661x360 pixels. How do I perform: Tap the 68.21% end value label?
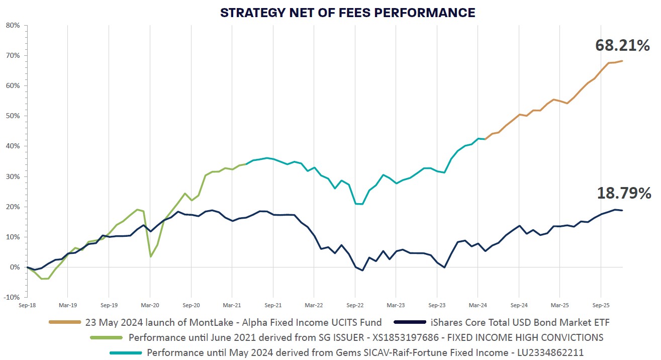click(623, 46)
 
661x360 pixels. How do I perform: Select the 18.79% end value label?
click(624, 193)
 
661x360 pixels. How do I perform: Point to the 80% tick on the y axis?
click(13, 25)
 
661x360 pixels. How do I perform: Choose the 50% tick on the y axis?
click(13, 116)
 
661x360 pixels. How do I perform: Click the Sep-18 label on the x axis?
click(27, 305)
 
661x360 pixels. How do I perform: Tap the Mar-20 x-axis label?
click(150, 305)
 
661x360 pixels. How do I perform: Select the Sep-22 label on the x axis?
click(355, 305)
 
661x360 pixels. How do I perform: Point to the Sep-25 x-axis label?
click(601, 305)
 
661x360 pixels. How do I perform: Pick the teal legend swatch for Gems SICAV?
click(126, 352)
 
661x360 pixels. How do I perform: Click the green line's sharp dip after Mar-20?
click(151, 256)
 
